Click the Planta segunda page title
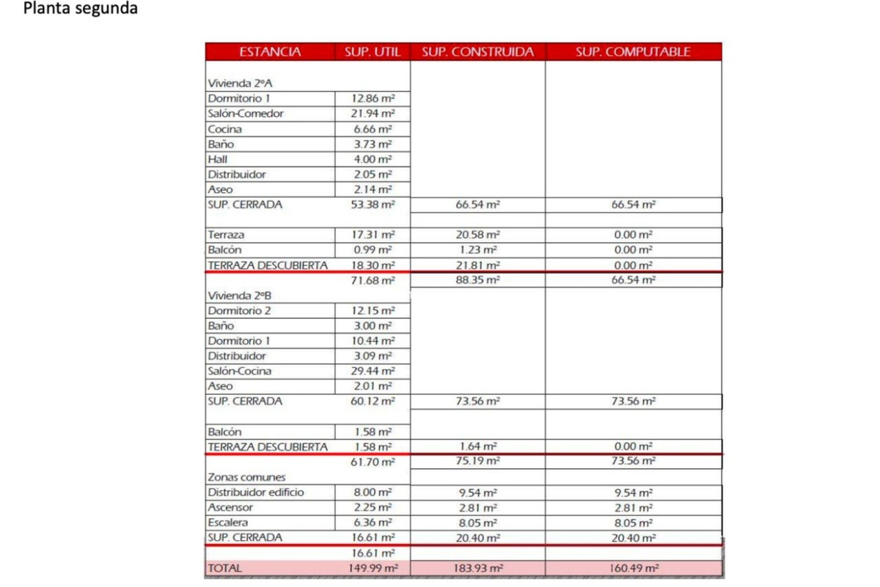click(80, 8)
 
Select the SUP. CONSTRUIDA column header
click(478, 52)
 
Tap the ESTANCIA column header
click(270, 52)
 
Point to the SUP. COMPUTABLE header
click(633, 52)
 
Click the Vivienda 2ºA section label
click(240, 83)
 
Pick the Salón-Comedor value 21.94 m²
click(373, 114)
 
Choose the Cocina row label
click(225, 129)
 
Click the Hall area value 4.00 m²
click(373, 160)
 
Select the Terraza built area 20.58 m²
click(478, 235)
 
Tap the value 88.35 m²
click(478, 280)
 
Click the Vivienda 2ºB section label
click(240, 296)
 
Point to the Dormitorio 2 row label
click(239, 311)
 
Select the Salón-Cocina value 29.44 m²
click(373, 371)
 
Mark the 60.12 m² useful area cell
click(373, 401)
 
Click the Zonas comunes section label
click(247, 477)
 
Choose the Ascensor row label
click(230, 508)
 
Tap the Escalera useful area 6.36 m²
click(373, 523)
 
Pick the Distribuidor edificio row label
click(256, 493)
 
